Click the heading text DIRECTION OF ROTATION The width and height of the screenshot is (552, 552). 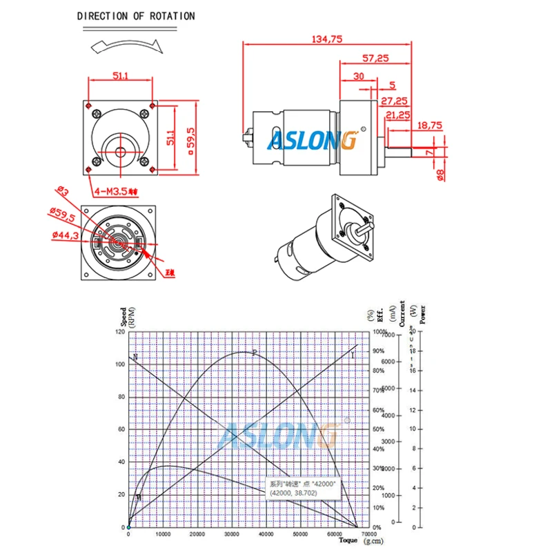[135, 16]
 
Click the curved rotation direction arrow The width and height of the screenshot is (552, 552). [126, 46]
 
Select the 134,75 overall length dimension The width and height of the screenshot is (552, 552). [327, 39]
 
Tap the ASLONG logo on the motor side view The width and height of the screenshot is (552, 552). [312, 141]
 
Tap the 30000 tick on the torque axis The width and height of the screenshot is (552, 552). [231, 534]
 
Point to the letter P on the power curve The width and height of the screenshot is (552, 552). [254, 353]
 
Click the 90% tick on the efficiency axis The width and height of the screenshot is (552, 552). [378, 351]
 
